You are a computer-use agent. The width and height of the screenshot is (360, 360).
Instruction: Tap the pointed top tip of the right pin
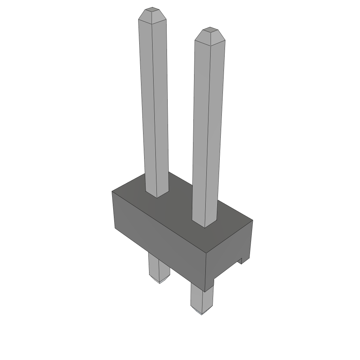click(210, 31)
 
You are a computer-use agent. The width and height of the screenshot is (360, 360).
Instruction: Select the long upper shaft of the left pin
click(154, 105)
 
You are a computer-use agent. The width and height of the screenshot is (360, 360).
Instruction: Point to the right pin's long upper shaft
click(208, 130)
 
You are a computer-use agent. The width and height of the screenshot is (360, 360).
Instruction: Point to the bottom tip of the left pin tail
click(160, 282)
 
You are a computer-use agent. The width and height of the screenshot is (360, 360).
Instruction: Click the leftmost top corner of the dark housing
click(112, 192)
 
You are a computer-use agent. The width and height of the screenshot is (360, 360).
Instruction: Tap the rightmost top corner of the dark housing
click(252, 221)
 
